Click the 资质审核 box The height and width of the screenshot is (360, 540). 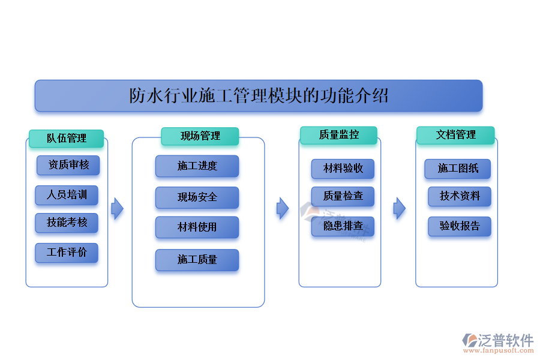tap(68, 165)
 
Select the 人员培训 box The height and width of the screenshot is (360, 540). tap(67, 195)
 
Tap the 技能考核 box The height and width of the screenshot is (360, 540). tap(67, 223)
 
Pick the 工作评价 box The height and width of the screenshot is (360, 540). tap(67, 253)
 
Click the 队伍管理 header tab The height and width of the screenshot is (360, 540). tap(67, 138)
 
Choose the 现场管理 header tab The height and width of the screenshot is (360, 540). tap(200, 136)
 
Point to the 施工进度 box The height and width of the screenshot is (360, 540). tap(197, 166)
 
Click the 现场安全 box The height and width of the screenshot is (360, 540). tap(197, 197)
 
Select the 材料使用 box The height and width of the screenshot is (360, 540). tap(197, 227)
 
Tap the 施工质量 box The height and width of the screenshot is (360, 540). tap(197, 260)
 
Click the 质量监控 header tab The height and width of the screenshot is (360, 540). tap(338, 135)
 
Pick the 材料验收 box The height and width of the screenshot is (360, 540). tap(343, 169)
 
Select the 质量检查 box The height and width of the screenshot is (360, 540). tap(343, 196)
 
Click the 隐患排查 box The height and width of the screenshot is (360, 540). tap(343, 226)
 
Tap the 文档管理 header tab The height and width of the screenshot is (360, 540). tap(455, 135)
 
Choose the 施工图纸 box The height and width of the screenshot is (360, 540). tap(457, 169)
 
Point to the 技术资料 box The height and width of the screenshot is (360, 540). tap(459, 196)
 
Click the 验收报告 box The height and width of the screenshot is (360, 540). tap(459, 226)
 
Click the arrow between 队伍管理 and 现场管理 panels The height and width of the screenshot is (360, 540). tap(117, 209)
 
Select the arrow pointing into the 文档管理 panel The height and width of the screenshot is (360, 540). tap(399, 209)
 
